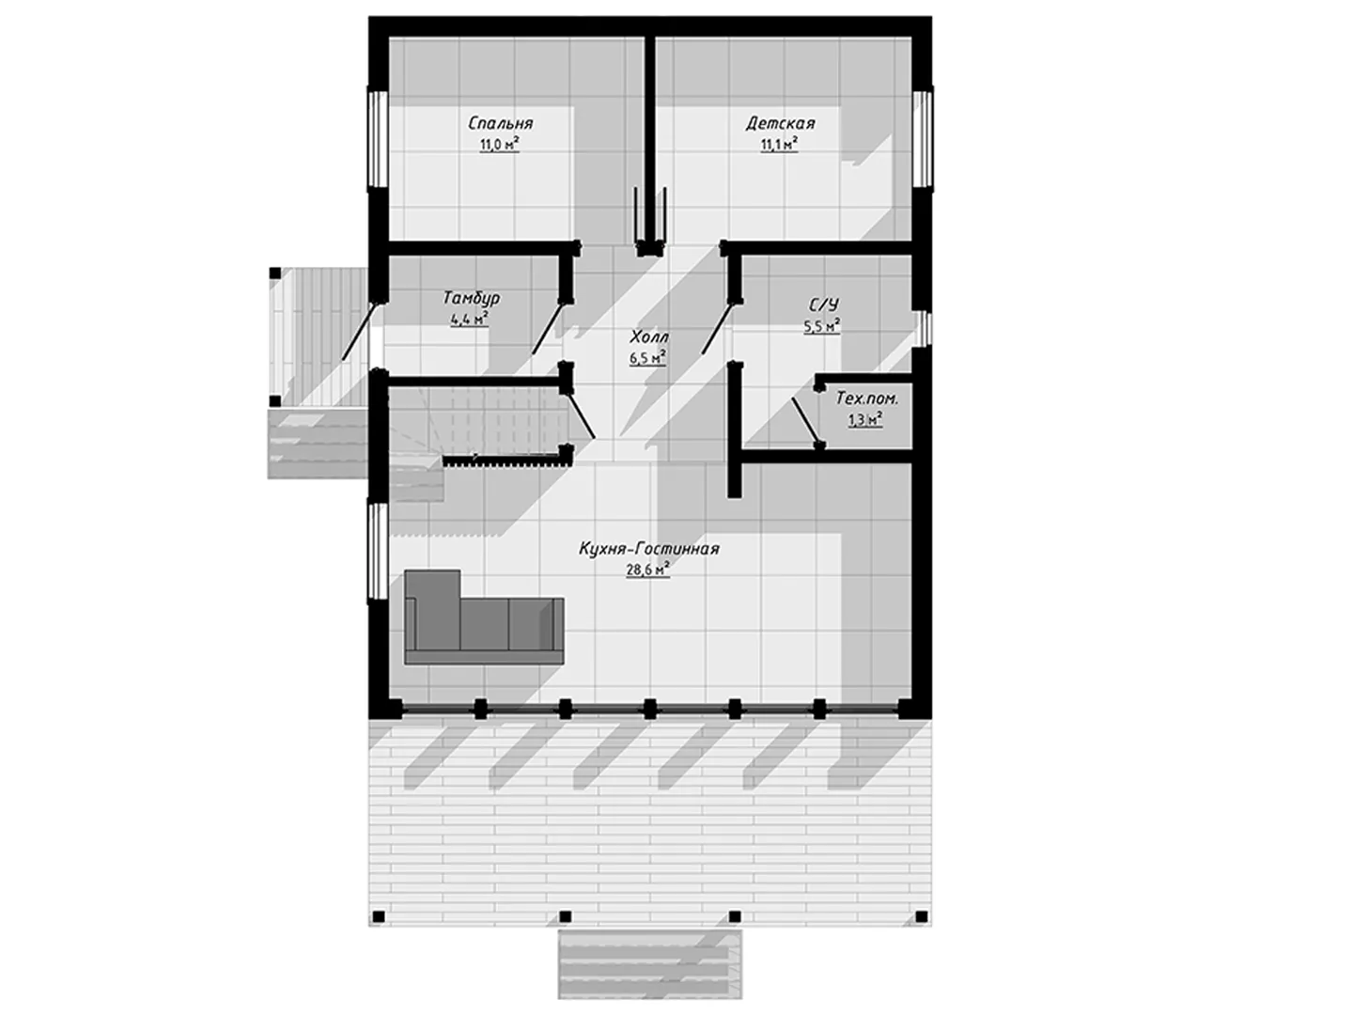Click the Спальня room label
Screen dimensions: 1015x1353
(x=500, y=123)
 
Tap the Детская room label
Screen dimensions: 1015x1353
(x=780, y=123)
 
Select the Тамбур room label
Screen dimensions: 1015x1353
(x=471, y=298)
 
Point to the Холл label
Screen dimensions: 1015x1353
(x=649, y=336)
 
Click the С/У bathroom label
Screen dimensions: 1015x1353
(x=823, y=305)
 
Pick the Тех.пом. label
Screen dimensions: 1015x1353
(x=866, y=398)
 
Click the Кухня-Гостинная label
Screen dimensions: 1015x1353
(x=649, y=549)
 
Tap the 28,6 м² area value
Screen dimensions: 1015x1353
(x=648, y=570)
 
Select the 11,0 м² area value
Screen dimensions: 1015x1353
(x=499, y=145)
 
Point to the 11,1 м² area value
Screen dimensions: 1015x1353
(x=779, y=145)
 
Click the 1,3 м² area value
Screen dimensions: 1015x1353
(x=864, y=420)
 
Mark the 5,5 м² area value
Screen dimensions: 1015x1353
(x=821, y=327)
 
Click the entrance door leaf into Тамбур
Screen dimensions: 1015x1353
(x=359, y=330)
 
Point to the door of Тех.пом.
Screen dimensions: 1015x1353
(x=805, y=420)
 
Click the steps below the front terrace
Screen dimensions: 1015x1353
(x=649, y=964)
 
